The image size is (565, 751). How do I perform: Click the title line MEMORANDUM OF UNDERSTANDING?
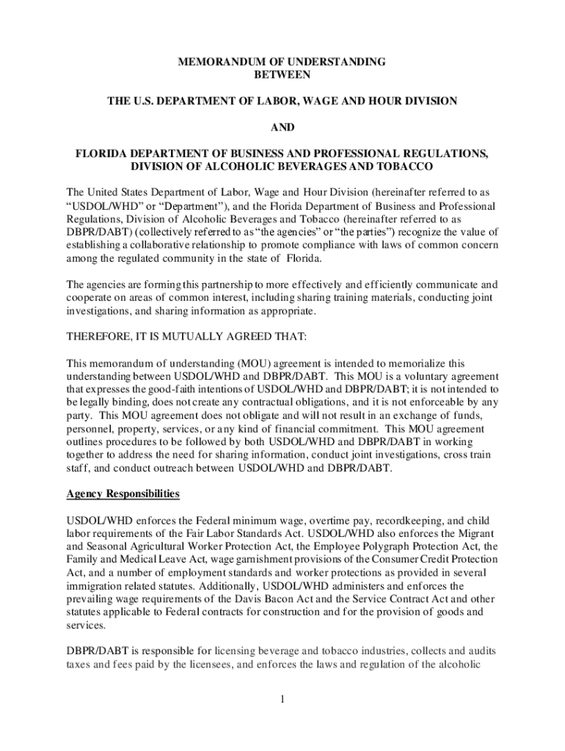[x=282, y=62]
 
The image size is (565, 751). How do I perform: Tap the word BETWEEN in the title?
[x=282, y=75]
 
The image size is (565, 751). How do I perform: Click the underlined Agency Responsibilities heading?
[x=123, y=494]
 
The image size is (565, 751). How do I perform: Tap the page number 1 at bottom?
[x=282, y=697]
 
